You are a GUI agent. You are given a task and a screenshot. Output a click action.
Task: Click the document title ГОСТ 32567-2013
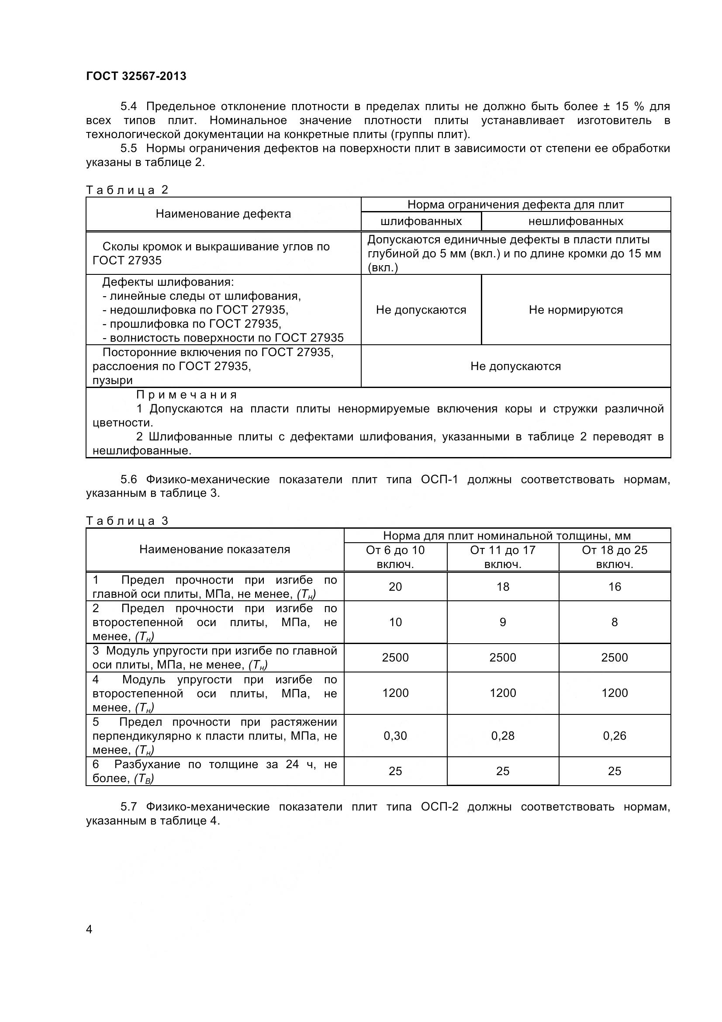coord(136,76)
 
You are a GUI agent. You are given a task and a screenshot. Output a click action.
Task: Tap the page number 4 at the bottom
coord(89,929)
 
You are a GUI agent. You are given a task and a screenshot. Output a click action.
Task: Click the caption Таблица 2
coord(127,190)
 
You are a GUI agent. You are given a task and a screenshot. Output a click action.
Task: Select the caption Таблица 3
coord(127,521)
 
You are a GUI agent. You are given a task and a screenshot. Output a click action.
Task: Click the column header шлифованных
coord(421,221)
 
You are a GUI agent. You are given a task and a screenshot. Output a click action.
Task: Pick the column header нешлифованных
coord(576,221)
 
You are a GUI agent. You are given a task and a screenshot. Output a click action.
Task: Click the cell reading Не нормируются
coord(576,310)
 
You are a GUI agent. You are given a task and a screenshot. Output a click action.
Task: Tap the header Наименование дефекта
coord(223,214)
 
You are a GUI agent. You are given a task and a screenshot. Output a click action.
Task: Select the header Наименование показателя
coord(214,549)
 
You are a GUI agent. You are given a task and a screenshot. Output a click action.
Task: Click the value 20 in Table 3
coord(395,587)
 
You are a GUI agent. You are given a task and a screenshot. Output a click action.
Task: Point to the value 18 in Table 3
coord(503,587)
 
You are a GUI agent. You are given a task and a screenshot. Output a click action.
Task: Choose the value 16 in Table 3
coord(615,587)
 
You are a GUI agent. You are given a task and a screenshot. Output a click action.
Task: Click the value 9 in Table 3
coord(503,622)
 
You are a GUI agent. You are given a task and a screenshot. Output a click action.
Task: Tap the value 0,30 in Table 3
coord(395,736)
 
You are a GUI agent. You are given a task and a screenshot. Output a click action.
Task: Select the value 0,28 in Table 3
coord(503,736)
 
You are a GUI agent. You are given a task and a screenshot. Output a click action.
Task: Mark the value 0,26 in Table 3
coord(615,736)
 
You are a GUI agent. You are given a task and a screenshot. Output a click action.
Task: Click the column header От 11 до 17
coord(503,551)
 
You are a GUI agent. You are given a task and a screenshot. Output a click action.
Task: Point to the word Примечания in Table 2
coord(187,395)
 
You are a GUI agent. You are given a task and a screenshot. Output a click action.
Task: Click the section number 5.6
coord(128,479)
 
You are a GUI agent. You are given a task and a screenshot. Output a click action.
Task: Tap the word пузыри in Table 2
coord(113,381)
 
